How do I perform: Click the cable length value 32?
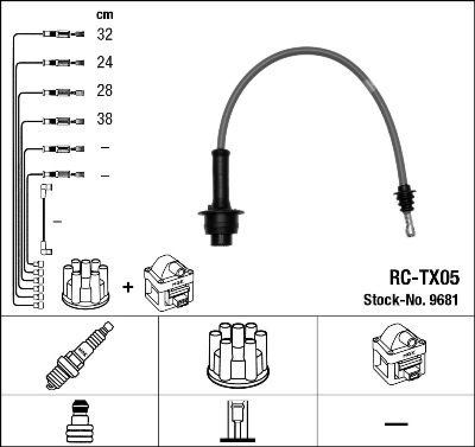coord(104,34)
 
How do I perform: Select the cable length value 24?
coord(104,62)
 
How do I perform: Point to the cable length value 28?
coord(104,91)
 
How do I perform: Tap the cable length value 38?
coord(104,119)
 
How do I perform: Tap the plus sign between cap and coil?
coord(127,287)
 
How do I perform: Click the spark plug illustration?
coord(80,355)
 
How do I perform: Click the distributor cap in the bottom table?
coord(238,353)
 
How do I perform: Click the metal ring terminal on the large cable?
coord(408,227)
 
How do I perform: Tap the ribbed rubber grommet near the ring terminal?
coord(406,200)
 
